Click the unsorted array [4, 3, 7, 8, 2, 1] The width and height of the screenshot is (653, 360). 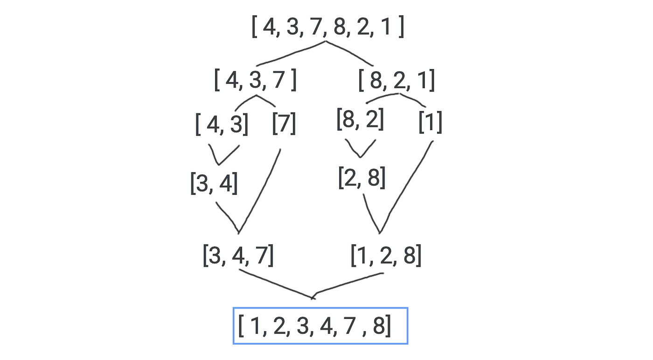coord(327,27)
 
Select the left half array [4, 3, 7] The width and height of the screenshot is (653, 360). coord(255,80)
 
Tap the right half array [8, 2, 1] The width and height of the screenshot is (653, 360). coord(397,80)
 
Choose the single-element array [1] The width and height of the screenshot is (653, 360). coord(430,122)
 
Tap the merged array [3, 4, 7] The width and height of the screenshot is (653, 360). coord(238,256)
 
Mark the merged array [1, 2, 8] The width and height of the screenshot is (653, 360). coord(386,256)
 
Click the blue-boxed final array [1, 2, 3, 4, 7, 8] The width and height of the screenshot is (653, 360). coord(320,326)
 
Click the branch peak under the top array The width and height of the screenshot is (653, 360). coord(326,43)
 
